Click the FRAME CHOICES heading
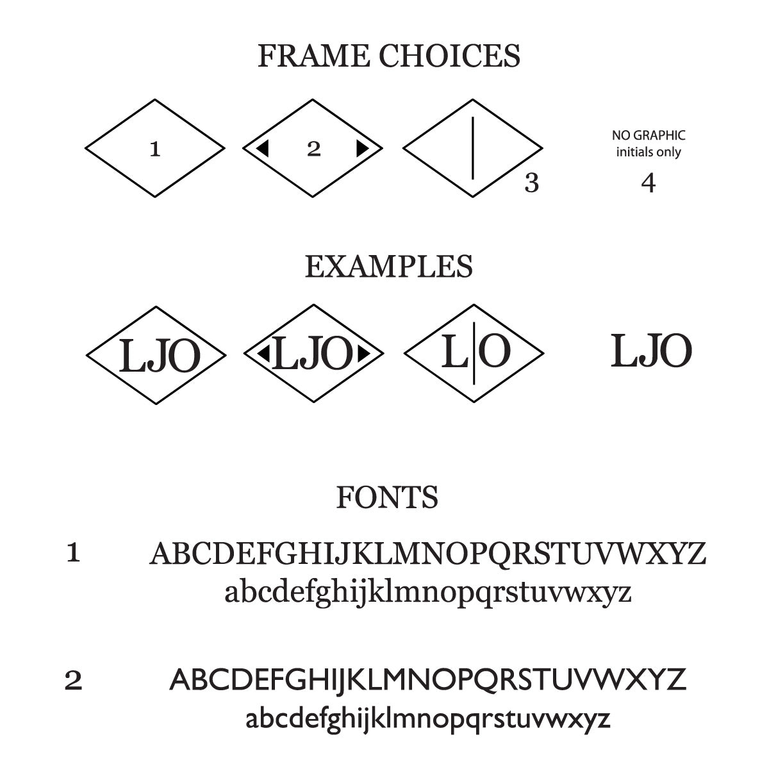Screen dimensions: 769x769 point(388,56)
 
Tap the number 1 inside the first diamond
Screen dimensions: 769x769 point(154,150)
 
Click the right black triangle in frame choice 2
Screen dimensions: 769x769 point(362,149)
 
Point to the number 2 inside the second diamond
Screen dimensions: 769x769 point(313,149)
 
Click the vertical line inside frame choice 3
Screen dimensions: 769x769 point(473,148)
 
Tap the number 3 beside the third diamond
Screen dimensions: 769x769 point(532,183)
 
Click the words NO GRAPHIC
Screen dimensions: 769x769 point(649,135)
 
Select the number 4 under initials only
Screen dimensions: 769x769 point(649,183)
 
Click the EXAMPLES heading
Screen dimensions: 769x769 point(388,267)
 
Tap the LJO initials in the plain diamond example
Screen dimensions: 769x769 point(160,356)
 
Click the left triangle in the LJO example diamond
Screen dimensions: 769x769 point(263,353)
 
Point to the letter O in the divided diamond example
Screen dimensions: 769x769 point(495,352)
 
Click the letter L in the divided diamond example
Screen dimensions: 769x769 point(454,352)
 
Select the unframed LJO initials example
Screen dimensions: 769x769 point(651,351)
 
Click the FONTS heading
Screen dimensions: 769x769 point(387,497)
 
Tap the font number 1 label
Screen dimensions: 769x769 point(73,553)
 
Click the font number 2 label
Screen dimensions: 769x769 point(73,681)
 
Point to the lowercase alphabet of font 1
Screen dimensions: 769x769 point(427,592)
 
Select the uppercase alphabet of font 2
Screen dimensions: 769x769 point(427,679)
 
